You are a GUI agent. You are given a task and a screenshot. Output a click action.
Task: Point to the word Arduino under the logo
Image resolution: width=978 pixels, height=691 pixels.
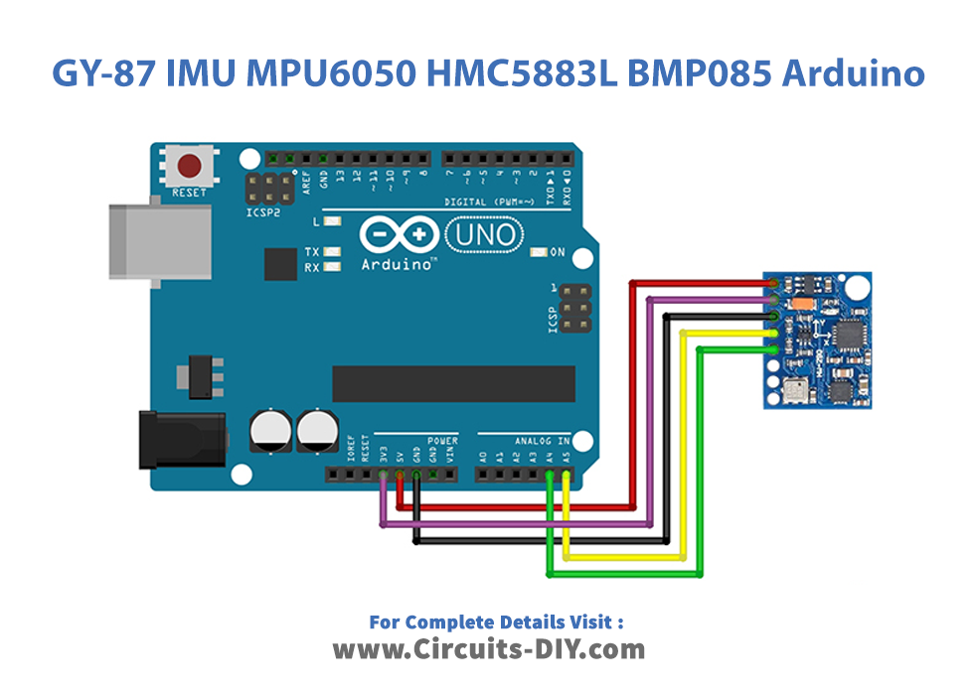[x=397, y=265]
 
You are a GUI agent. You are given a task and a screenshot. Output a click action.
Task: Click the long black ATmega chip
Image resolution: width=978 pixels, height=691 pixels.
[x=454, y=384]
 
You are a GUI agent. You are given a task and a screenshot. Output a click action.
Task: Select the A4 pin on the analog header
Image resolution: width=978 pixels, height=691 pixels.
[x=550, y=476]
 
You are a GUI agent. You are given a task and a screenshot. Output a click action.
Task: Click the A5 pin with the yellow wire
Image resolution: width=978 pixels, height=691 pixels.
[x=566, y=476]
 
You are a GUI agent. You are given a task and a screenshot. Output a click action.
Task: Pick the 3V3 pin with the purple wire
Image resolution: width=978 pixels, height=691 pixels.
[x=383, y=476]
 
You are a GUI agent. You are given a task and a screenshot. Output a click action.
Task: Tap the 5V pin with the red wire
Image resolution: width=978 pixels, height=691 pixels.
[x=400, y=476]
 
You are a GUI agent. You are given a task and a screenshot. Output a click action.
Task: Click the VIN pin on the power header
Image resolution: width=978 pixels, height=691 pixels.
[x=448, y=476]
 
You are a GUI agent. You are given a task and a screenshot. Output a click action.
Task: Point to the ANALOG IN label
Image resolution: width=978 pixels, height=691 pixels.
[x=542, y=440]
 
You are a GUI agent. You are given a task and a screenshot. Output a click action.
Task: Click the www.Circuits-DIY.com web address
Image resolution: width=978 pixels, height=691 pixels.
[x=488, y=650]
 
